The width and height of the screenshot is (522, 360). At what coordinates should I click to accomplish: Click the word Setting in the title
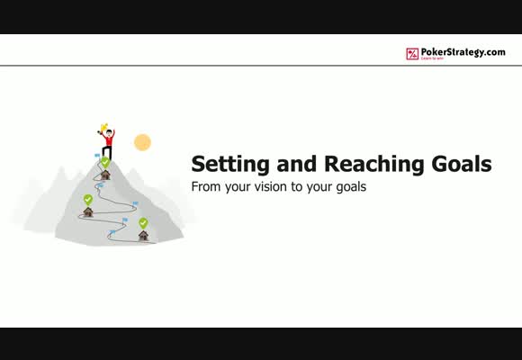coord(230,165)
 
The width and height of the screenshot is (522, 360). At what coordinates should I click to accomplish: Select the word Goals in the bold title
coord(462,164)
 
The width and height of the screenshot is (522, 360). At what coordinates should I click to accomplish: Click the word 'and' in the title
coord(297,164)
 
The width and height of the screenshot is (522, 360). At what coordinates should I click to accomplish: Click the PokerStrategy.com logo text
coord(463,52)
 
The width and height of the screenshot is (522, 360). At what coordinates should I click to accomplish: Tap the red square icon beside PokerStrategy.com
coord(412,54)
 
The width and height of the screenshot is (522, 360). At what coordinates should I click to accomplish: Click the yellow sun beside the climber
coord(142,142)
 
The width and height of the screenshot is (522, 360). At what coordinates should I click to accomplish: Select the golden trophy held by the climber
coord(103,128)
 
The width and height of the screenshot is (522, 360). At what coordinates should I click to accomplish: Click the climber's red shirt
coord(109,139)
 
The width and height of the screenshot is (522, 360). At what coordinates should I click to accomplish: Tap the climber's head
coord(109,132)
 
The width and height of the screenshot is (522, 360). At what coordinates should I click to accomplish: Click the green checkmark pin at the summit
coord(105,162)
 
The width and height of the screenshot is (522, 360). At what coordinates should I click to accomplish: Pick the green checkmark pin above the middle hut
coord(88,200)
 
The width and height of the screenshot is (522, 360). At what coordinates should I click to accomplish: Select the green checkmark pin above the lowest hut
coord(143,223)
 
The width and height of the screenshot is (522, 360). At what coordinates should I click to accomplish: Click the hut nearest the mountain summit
coord(105,175)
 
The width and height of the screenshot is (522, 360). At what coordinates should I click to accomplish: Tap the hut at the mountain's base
coord(143,236)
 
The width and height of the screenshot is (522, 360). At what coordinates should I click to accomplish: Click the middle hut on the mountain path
coord(88,211)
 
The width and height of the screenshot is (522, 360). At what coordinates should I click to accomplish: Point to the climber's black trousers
coord(107,152)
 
